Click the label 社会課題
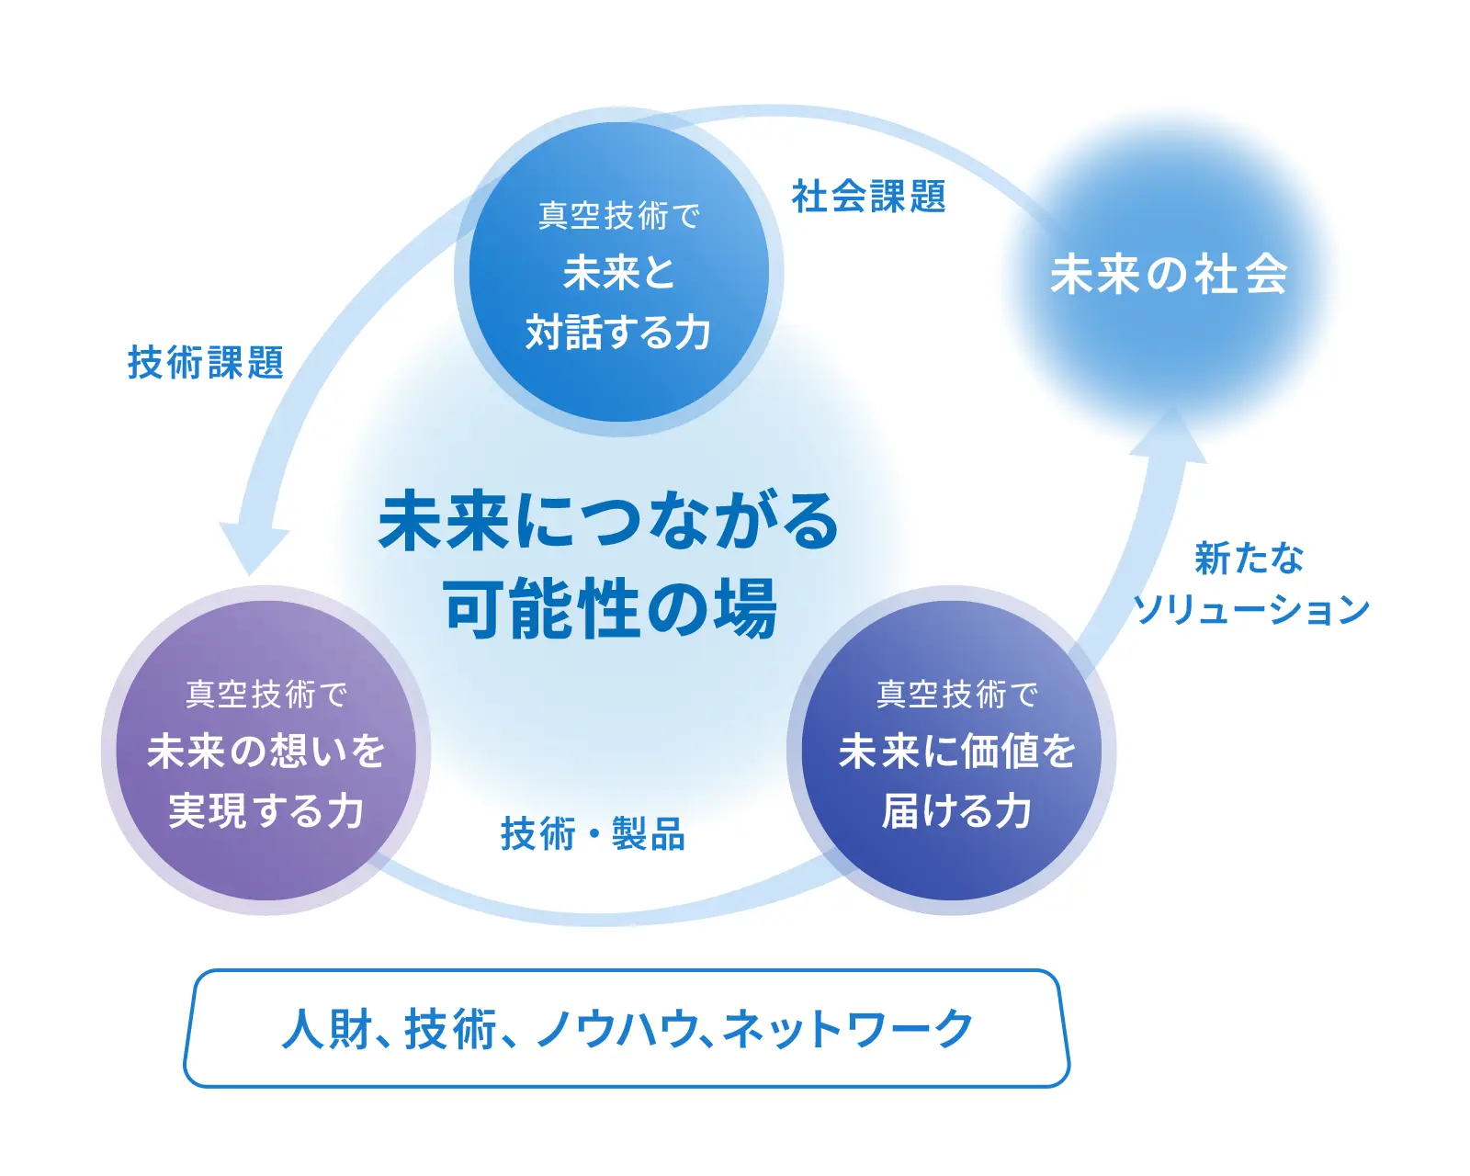(x=868, y=196)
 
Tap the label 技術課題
(x=206, y=362)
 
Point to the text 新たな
(x=1249, y=559)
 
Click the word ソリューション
(x=1250, y=608)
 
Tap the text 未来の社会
(x=1169, y=275)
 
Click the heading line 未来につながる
(x=608, y=521)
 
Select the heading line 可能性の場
(x=611, y=606)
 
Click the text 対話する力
(x=618, y=332)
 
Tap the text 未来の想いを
(x=266, y=751)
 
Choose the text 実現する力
(x=266, y=811)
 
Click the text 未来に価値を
(x=957, y=751)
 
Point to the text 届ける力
(x=957, y=811)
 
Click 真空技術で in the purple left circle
(x=266, y=695)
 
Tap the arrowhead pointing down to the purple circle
(x=253, y=548)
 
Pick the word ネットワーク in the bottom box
(x=847, y=1028)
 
